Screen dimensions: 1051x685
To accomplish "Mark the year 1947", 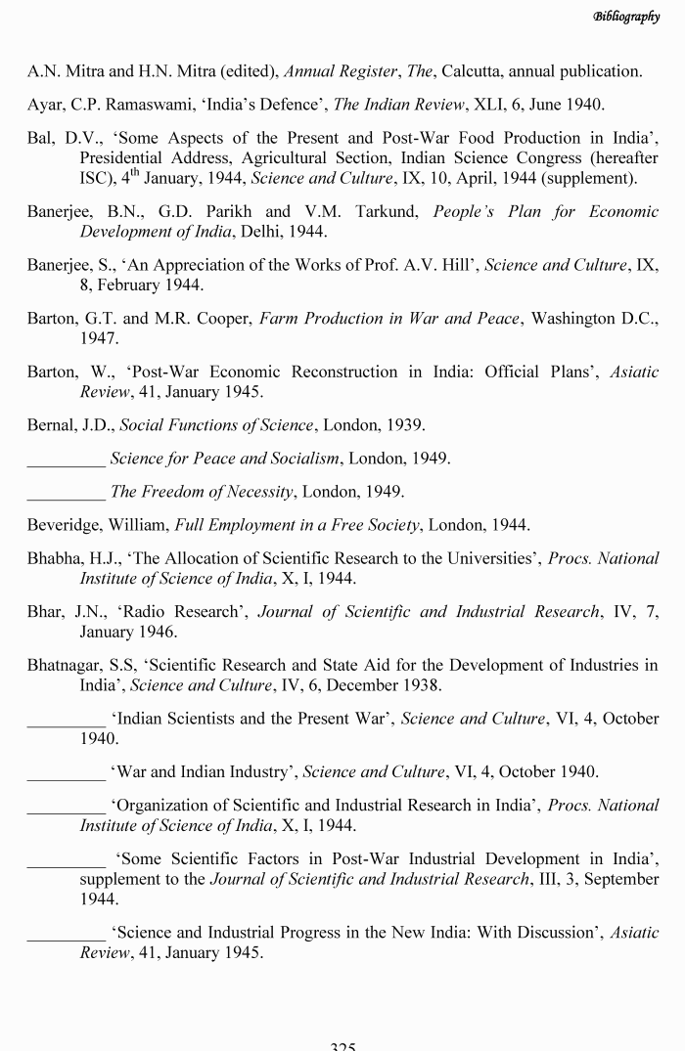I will [x=98, y=338].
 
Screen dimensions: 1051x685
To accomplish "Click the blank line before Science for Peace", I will [x=67, y=458].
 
